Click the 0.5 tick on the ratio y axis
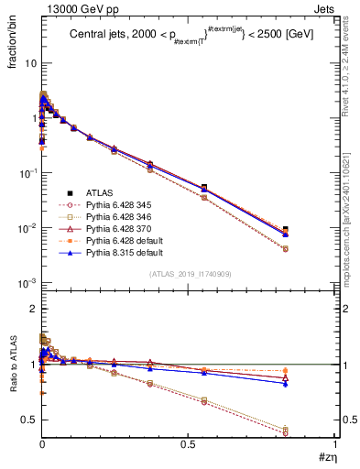point(29,420)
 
